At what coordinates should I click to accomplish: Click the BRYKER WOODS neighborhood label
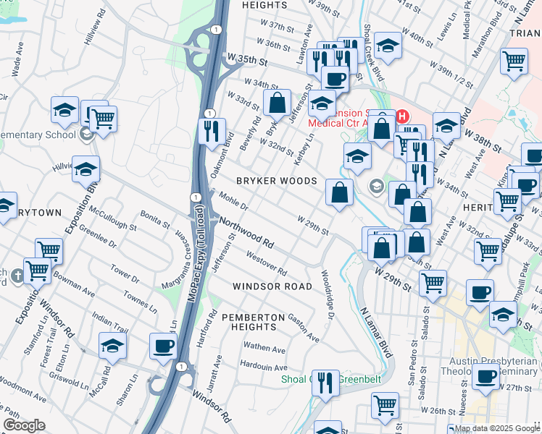[x=275, y=180]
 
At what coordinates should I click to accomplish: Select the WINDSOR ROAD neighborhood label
[x=272, y=286]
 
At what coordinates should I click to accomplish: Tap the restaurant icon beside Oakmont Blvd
[x=211, y=132]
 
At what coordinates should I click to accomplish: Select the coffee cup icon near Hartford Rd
[x=163, y=345]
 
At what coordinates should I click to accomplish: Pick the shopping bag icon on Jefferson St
[x=277, y=103]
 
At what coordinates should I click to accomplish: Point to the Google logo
[x=24, y=425]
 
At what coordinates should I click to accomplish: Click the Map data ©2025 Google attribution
[x=493, y=428]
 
